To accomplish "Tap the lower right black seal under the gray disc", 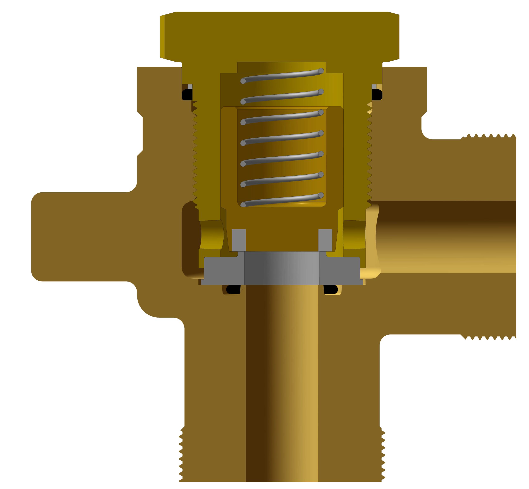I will tap(331, 289).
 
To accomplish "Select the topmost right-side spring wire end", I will tap(321, 71).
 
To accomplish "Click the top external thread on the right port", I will tap(488, 137).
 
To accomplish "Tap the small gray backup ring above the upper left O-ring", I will tap(190, 87).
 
